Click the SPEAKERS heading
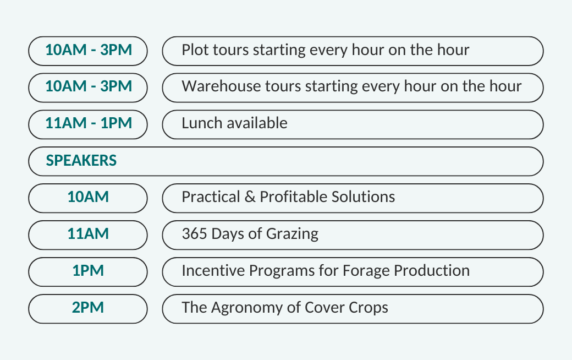tap(81, 161)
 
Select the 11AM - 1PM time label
tap(89, 123)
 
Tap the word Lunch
tap(202, 123)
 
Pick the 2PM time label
tap(88, 307)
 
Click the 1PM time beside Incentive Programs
tap(88, 270)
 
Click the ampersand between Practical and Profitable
tap(250, 197)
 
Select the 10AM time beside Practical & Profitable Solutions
tap(88, 197)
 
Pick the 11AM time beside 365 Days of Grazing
tap(88, 234)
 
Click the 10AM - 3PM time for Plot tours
tap(89, 50)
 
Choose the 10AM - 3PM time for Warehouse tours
tap(89, 86)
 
